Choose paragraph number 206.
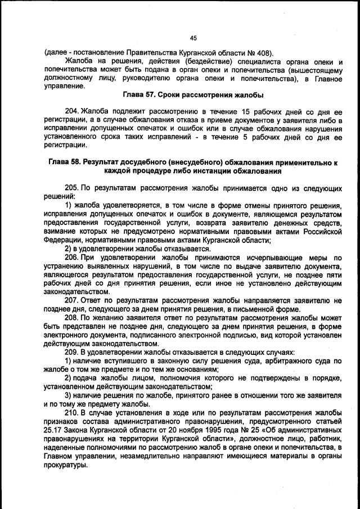pos(73,258)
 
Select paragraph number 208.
pos(73,317)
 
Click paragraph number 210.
pos(73,412)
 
